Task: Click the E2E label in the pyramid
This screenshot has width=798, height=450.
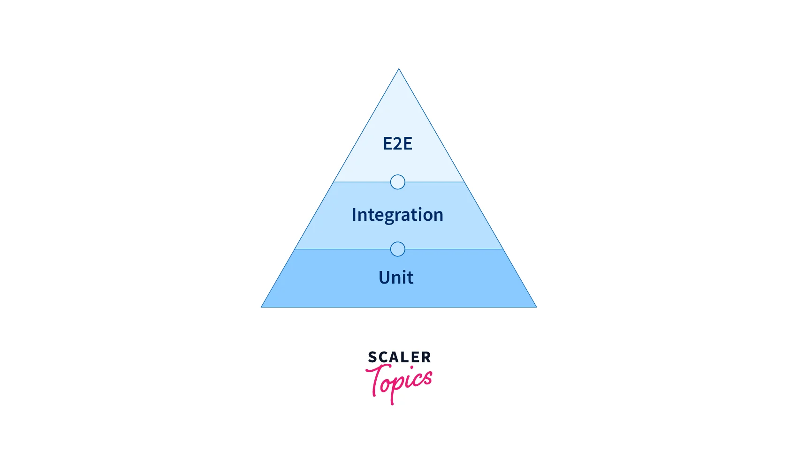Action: click(397, 143)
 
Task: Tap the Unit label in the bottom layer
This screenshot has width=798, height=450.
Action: click(396, 277)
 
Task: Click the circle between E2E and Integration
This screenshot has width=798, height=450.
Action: click(397, 182)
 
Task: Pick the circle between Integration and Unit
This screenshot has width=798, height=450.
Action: click(397, 249)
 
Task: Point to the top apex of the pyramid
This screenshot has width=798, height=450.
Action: click(399, 69)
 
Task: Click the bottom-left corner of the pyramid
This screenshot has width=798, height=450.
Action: click(261, 307)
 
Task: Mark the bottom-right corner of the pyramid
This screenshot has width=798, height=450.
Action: click(537, 307)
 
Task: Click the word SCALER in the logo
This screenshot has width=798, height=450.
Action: click(399, 357)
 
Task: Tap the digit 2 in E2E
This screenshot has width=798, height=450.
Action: click(397, 143)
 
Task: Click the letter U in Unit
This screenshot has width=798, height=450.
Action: click(384, 277)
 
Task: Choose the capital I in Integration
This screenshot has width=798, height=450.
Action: click(354, 215)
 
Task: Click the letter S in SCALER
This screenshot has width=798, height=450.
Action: click(372, 357)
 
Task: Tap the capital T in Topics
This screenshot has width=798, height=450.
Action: click(375, 380)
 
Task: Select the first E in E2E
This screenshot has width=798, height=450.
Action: click(387, 143)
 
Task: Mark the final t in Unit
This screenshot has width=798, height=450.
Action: click(410, 278)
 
